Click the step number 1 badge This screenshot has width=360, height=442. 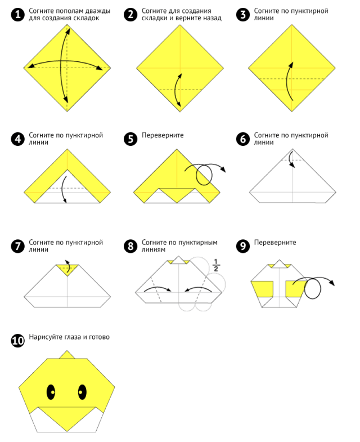click(18, 15)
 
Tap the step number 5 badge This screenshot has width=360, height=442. click(130, 139)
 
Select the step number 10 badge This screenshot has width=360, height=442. click(18, 340)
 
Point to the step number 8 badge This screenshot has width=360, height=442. click(130, 246)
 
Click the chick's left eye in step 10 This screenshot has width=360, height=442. click(51, 392)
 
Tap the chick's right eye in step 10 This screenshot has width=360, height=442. click(82, 392)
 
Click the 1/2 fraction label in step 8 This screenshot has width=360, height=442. click(216, 265)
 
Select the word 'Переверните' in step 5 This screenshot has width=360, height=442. click(163, 135)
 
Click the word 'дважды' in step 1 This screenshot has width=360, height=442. click(97, 11)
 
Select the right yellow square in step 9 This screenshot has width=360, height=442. click(295, 289)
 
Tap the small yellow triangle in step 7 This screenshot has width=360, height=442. click(67, 269)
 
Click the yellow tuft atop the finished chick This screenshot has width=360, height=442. click(67, 355)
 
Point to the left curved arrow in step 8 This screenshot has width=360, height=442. click(157, 288)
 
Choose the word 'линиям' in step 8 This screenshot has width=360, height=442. click(153, 250)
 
